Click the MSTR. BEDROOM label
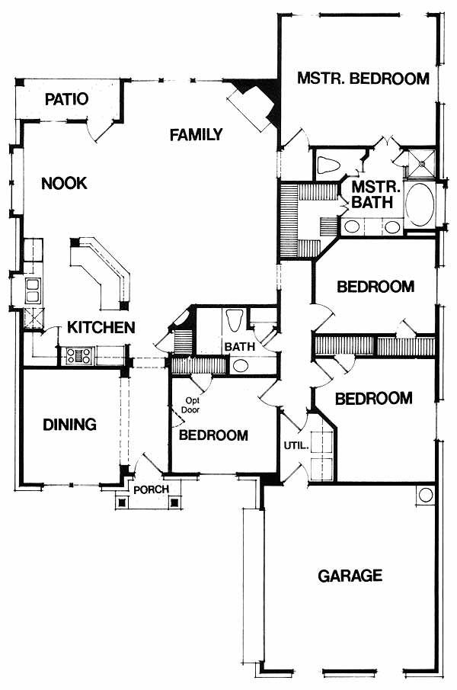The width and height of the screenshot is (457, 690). (x=363, y=79)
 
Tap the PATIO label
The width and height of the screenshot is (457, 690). (x=66, y=99)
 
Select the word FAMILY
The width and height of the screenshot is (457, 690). (x=196, y=135)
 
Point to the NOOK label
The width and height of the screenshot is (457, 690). (x=64, y=183)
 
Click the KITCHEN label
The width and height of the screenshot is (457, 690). (x=101, y=327)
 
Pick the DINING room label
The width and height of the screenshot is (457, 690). (x=69, y=424)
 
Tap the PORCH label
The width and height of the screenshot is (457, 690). (x=151, y=489)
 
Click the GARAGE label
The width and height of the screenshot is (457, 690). (x=350, y=576)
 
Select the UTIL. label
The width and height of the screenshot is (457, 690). (x=296, y=445)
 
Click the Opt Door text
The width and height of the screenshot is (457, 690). (x=192, y=406)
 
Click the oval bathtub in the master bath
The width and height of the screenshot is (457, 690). (x=420, y=206)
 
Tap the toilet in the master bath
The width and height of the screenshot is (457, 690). (x=329, y=165)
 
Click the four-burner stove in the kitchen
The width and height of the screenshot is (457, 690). (x=79, y=355)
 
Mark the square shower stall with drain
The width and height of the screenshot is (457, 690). (x=421, y=165)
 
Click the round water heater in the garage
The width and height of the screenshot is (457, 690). (x=425, y=495)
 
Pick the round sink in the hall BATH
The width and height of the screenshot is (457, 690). (x=239, y=364)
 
